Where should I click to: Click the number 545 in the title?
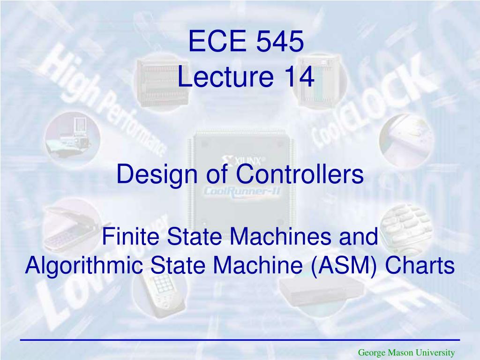pos(280,42)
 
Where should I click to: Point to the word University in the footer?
pos(434,352)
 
